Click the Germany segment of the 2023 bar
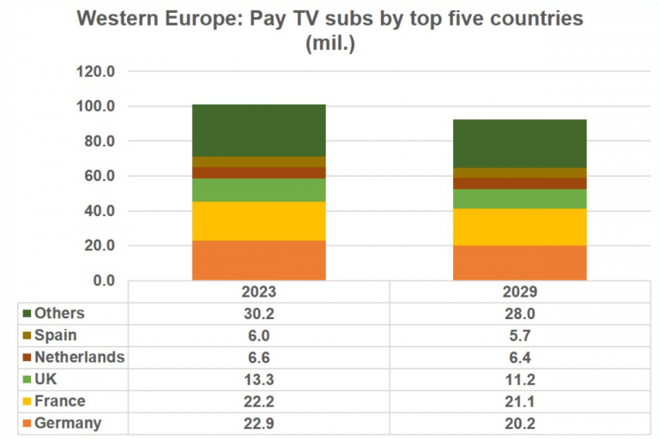(258, 260)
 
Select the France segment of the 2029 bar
(519, 227)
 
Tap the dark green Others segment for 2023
(258, 130)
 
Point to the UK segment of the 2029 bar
(519, 199)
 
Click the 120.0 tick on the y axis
(95, 72)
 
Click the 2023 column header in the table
(258, 292)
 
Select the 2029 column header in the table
(519, 292)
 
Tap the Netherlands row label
(80, 357)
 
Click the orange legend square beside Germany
(27, 424)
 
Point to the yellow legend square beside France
(27, 401)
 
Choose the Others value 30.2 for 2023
(258, 313)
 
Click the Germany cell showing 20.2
(519, 423)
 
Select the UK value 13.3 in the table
(258, 379)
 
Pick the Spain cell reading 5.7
(519, 335)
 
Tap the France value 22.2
(258, 401)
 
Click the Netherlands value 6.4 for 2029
(519, 357)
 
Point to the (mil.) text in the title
(330, 44)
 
